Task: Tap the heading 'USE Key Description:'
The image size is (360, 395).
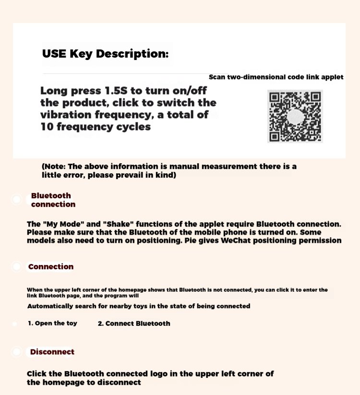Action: (x=106, y=54)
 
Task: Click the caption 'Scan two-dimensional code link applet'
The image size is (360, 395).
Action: (x=276, y=77)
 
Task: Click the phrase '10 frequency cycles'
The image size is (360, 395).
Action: (x=96, y=127)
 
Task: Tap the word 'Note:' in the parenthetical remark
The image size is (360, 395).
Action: (x=57, y=167)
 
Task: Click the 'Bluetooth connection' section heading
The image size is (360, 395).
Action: (x=53, y=200)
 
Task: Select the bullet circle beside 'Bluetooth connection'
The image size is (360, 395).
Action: (x=16, y=199)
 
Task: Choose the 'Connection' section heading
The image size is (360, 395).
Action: (x=51, y=266)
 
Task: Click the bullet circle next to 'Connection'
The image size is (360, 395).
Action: (x=16, y=266)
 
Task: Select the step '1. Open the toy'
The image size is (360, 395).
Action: (x=52, y=323)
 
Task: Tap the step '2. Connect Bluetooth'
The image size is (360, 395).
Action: (x=134, y=323)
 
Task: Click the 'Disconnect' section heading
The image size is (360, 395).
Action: (x=52, y=352)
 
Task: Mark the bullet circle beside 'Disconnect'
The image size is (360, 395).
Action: (x=16, y=352)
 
